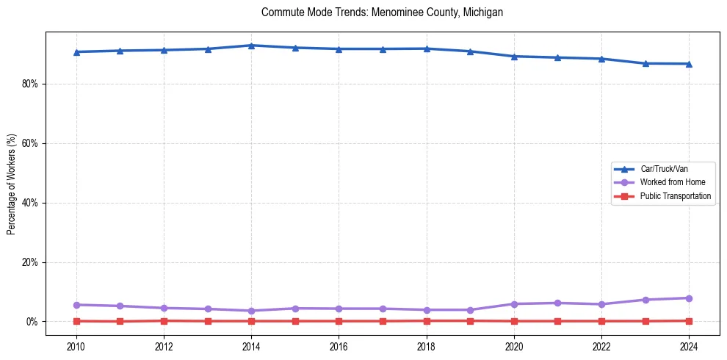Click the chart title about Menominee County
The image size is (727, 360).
point(382,12)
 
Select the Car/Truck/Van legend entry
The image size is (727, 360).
point(664,169)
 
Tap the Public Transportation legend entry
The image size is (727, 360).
point(675,196)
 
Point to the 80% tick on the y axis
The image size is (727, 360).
point(30,84)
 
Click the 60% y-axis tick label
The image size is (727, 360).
point(30,143)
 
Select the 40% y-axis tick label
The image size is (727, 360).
point(30,203)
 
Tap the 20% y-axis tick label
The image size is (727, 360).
point(30,262)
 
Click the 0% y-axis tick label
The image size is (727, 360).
point(32,322)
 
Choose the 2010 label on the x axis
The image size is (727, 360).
point(76,346)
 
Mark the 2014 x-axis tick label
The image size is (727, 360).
point(251,346)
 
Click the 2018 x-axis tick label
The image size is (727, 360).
point(427,346)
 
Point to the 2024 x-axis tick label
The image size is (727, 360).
point(689,346)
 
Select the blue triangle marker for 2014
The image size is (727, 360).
point(251,46)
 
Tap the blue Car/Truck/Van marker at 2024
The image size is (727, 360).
point(689,64)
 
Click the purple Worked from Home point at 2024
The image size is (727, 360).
point(689,298)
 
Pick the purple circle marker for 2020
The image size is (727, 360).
point(514,304)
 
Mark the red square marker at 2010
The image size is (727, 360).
point(76,321)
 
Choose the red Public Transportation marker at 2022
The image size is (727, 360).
point(601,321)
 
